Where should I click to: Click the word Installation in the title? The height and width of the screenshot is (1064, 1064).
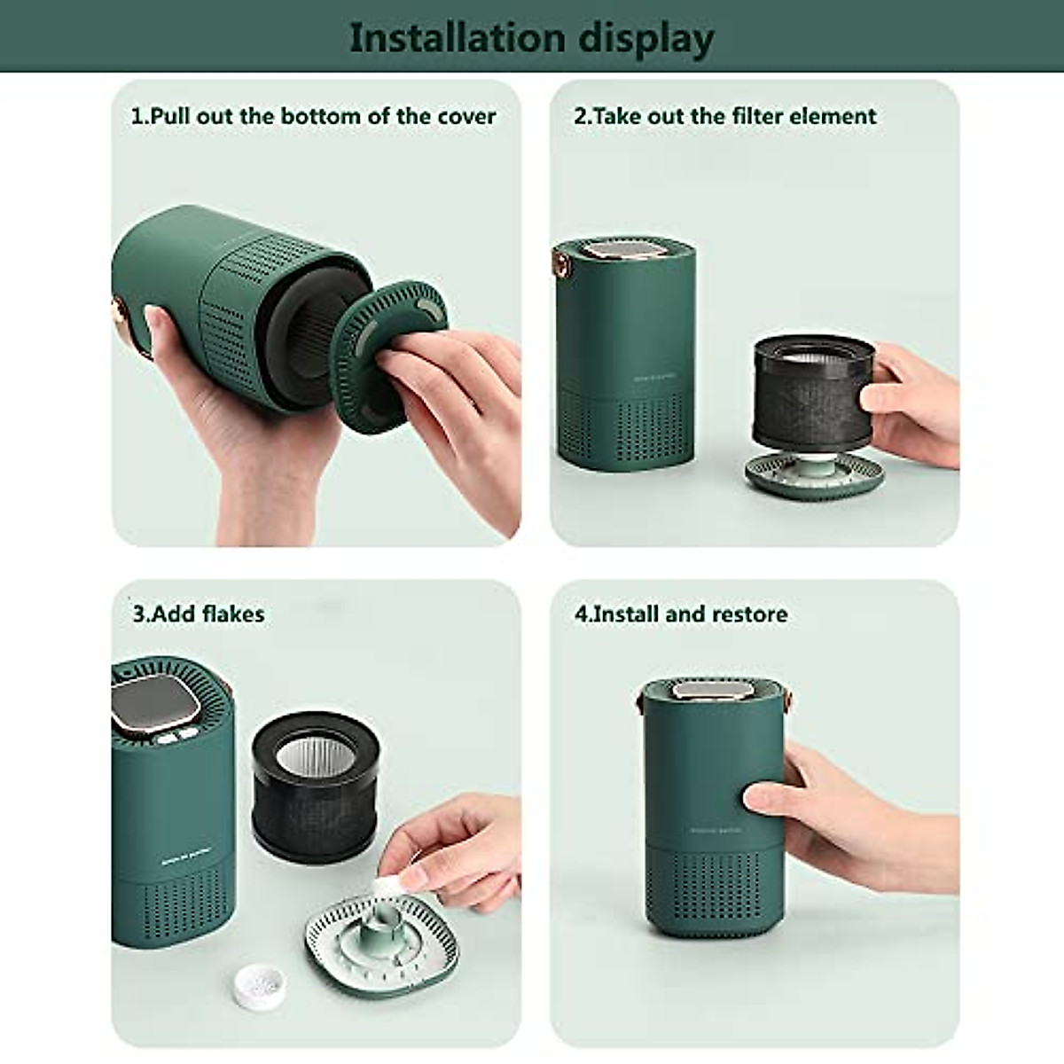pos(457,38)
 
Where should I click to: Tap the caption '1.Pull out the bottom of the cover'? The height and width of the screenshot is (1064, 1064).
pos(313,116)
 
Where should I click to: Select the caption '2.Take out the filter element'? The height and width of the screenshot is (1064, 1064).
pos(724,116)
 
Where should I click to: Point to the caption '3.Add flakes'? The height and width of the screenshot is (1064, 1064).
pos(199,614)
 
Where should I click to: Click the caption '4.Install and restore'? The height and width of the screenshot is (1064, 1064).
pos(681,614)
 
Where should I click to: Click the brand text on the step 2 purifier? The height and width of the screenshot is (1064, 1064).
pos(656,376)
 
